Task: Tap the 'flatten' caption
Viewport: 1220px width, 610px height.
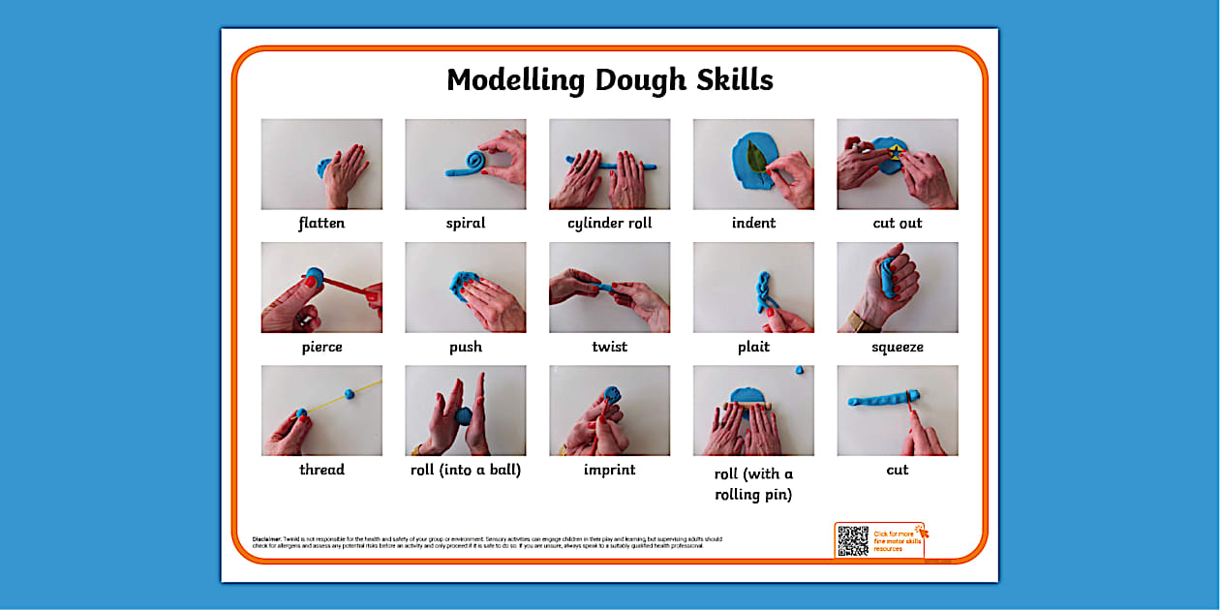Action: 321,224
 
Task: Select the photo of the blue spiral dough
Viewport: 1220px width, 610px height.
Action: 465,165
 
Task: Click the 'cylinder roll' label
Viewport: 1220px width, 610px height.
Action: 610,224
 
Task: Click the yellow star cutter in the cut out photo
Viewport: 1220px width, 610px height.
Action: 896,152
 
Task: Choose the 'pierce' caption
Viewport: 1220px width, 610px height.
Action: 321,347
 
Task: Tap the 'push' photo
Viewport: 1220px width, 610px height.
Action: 465,288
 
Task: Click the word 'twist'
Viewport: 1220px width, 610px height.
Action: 610,347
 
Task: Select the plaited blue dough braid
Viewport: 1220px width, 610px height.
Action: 762,291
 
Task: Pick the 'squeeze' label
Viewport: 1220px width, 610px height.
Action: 898,347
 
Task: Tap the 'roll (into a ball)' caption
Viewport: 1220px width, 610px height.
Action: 465,470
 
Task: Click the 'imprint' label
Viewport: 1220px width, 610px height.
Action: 610,470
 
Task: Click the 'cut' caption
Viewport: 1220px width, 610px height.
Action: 898,470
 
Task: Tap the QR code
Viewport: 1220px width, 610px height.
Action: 853,540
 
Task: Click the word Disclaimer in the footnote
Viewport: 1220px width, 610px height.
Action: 266,538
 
